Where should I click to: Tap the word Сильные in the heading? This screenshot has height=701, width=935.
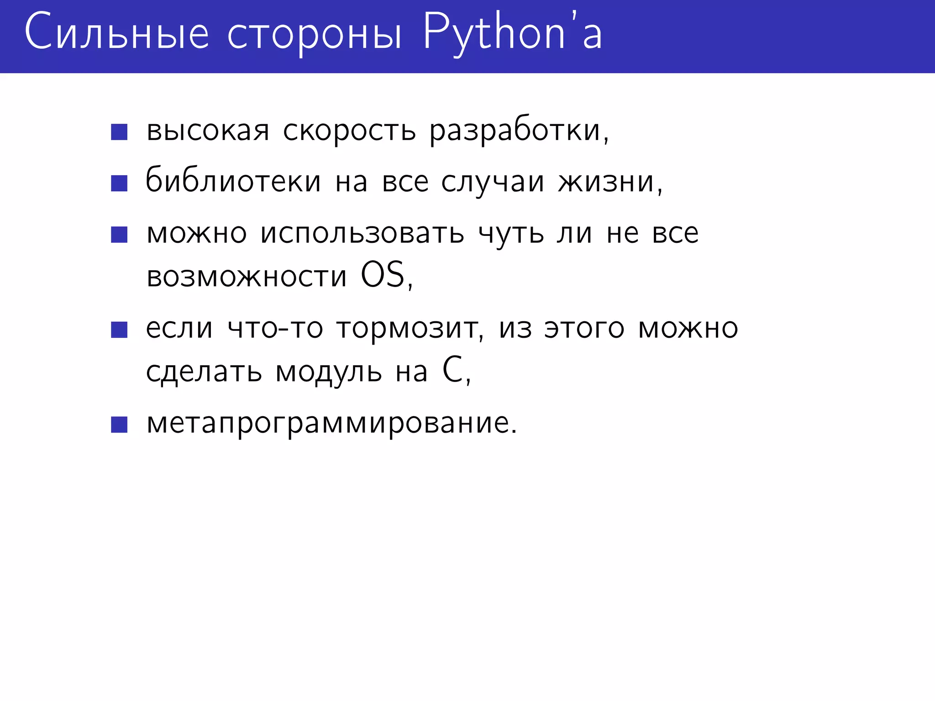tap(117, 33)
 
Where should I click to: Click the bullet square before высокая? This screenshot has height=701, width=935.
tap(119, 132)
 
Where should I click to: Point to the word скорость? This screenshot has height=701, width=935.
tap(349, 131)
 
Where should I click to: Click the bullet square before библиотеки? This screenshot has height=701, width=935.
tap(119, 183)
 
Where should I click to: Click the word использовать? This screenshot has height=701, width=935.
tap(362, 234)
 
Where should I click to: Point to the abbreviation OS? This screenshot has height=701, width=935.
tap(383, 275)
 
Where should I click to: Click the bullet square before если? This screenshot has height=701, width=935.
tap(119, 330)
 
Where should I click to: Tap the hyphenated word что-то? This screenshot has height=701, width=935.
tap(275, 329)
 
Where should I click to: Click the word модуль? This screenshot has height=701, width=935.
tap(329, 372)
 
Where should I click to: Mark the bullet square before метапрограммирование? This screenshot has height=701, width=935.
tap(119, 424)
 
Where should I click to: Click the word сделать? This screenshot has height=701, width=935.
tap(204, 372)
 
